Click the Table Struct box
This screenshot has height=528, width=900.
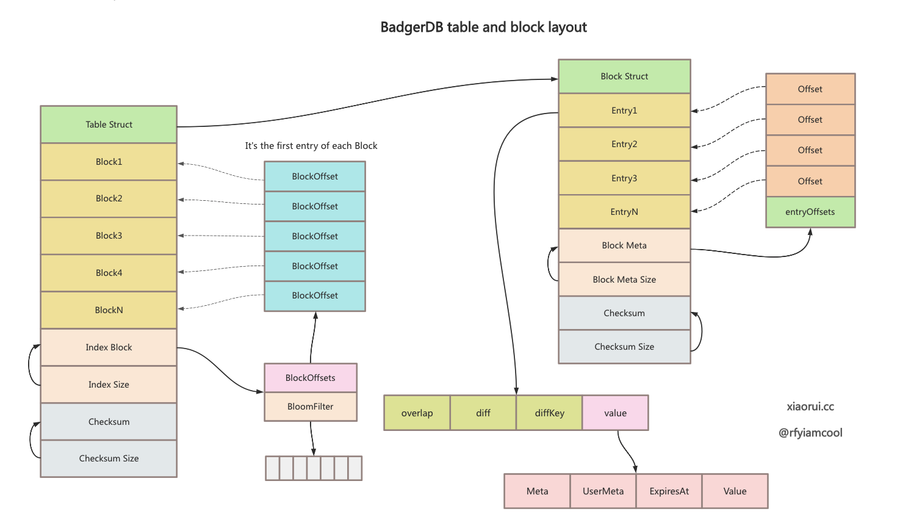pyautogui.click(x=109, y=125)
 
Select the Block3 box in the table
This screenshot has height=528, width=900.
pyautogui.click(x=109, y=236)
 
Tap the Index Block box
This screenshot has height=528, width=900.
pyautogui.click(x=109, y=347)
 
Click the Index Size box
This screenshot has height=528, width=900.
pyautogui.click(x=109, y=385)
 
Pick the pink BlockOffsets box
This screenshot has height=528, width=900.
pyautogui.click(x=311, y=378)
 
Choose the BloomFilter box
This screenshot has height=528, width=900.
pyautogui.click(x=311, y=407)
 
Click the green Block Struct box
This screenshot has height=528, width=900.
pyautogui.click(x=624, y=76)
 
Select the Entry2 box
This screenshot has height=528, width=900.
pyautogui.click(x=624, y=144)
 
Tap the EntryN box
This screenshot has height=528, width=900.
pyautogui.click(x=624, y=212)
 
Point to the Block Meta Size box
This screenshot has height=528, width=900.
pyautogui.click(x=624, y=280)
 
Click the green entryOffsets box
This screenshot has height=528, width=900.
pyautogui.click(x=810, y=212)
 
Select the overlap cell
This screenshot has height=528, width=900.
pyautogui.click(x=417, y=413)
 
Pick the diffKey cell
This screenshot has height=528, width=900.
pyautogui.click(x=549, y=413)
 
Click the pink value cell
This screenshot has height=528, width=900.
pyautogui.click(x=615, y=413)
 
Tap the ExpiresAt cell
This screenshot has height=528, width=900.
pyautogui.click(x=669, y=491)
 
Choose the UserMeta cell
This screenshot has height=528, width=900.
pyautogui.click(x=603, y=491)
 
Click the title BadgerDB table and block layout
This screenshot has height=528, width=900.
pyautogui.click(x=483, y=27)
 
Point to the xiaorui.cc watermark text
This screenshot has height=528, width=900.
pyautogui.click(x=810, y=407)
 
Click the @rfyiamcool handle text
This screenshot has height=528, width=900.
pyautogui.click(x=810, y=433)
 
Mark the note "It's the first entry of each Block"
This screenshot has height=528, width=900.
pyautogui.click(x=311, y=146)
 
